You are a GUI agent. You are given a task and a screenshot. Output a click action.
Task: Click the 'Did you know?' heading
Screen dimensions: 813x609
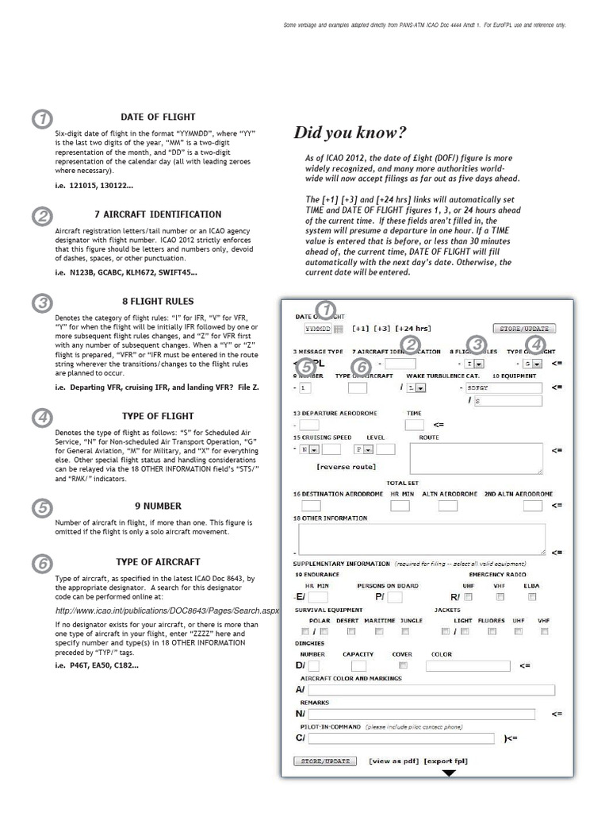pos(350,132)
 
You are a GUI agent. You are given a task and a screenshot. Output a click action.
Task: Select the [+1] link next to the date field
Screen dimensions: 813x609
pos(358,328)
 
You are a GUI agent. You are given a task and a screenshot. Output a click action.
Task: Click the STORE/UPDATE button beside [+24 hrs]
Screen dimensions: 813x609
pos(523,328)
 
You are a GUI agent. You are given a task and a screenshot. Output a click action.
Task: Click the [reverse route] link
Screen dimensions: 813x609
pos(346,466)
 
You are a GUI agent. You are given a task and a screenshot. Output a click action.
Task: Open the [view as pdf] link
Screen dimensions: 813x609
pos(393,761)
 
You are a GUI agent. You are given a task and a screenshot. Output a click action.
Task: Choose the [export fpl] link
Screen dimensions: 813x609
pos(445,761)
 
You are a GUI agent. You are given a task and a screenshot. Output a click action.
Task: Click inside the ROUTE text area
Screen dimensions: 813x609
pos(476,458)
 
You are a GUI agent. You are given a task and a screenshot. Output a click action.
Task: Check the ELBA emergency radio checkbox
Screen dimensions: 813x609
pos(532,596)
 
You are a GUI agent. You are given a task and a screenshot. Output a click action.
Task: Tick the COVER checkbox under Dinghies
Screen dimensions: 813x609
pos(404,665)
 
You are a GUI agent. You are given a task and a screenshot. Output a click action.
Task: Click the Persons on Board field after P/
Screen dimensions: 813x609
pos(394,596)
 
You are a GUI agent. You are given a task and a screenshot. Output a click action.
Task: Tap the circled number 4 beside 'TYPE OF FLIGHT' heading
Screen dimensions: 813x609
pos(41,418)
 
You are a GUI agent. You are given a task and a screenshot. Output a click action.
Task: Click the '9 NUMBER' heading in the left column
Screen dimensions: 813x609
pos(158,506)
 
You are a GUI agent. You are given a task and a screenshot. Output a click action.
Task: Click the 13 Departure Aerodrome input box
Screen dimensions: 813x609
pos(309,425)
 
